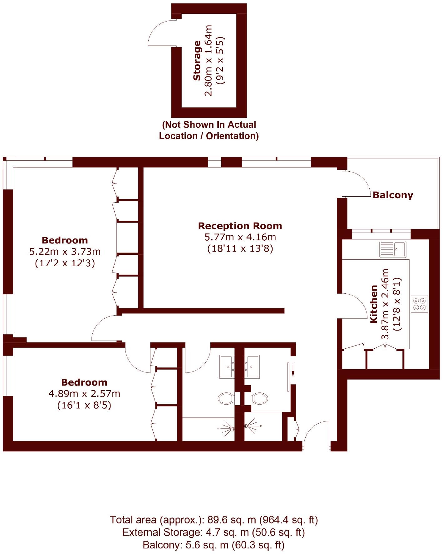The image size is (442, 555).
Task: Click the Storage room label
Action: (197, 61)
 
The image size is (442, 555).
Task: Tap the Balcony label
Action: (393, 195)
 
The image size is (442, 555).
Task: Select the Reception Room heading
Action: (240, 226)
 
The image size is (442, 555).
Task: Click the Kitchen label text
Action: (374, 304)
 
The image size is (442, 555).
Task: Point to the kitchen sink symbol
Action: (393, 249)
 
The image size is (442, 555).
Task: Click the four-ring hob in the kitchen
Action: (419, 304)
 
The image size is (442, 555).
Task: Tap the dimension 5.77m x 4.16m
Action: (240, 237)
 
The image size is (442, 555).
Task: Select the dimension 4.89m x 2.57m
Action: (84, 394)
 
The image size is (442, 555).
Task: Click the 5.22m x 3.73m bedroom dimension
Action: (65, 252)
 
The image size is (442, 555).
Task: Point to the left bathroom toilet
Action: (226, 398)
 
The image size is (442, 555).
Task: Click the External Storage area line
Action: (214, 533)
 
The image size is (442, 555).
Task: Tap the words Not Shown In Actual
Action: (209, 125)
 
